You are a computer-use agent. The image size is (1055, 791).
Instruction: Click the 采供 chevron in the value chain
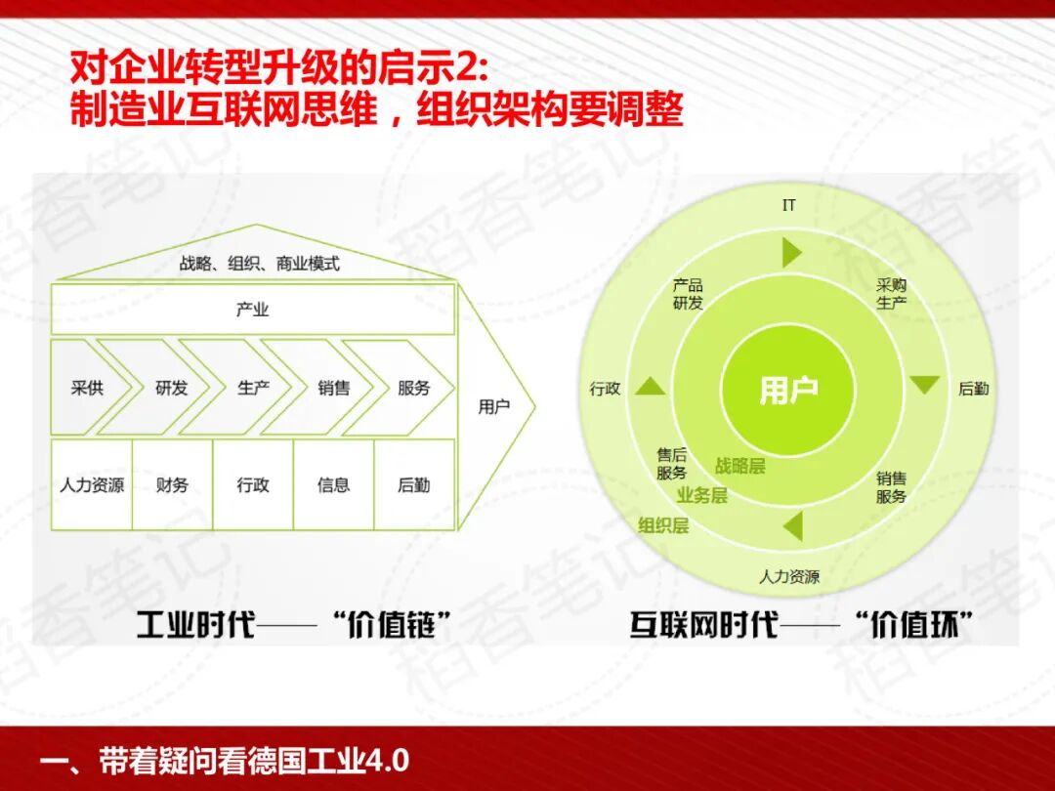coord(88,388)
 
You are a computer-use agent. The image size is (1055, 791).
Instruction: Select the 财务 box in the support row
coord(172,484)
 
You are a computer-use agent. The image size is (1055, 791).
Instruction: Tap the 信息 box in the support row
coord(333,484)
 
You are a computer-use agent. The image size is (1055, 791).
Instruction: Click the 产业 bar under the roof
coord(252,310)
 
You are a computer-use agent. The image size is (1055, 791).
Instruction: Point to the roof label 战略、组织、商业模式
coord(259,264)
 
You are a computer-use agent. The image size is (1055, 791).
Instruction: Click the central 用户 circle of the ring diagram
coord(788,390)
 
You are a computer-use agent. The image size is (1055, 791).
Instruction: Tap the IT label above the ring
coord(789,205)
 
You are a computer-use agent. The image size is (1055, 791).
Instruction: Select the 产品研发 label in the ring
coord(688,294)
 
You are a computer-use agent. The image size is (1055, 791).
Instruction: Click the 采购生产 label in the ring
coord(891,294)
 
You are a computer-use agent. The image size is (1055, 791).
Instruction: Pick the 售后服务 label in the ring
coord(672,464)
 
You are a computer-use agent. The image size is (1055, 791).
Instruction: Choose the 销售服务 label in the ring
coord(891,487)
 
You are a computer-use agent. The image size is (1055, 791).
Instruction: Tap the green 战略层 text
coord(739,467)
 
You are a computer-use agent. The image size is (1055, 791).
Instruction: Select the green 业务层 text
coord(702,496)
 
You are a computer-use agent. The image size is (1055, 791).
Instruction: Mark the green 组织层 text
coord(663,525)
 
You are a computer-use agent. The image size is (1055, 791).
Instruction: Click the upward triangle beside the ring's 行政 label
coord(651,387)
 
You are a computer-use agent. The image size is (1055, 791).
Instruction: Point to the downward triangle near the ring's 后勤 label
coord(924,385)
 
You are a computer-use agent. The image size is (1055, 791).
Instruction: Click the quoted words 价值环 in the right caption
coord(911,624)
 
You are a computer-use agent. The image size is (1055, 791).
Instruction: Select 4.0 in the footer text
coord(388,760)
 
